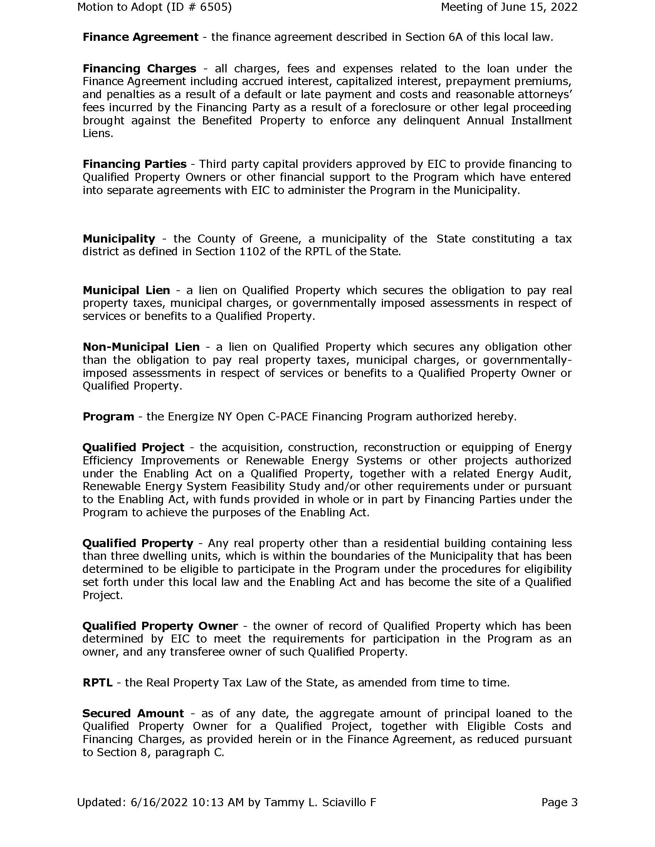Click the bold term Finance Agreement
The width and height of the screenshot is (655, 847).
point(141,37)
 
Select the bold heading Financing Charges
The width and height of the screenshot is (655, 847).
point(139,69)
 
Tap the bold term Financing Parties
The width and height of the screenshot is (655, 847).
point(134,164)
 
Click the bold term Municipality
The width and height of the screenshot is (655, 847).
point(119,239)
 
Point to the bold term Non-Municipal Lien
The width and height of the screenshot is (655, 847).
point(141,347)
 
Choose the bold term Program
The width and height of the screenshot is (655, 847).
point(108,417)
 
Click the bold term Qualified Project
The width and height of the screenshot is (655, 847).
point(133,447)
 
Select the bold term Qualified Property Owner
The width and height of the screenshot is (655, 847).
point(160,626)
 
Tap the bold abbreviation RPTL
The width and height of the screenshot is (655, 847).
point(97,683)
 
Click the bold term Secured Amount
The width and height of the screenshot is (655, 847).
point(133,713)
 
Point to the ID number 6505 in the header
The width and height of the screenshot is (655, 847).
point(213,7)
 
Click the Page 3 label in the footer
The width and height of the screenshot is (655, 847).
point(559,802)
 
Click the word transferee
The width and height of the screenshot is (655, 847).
point(192,652)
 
